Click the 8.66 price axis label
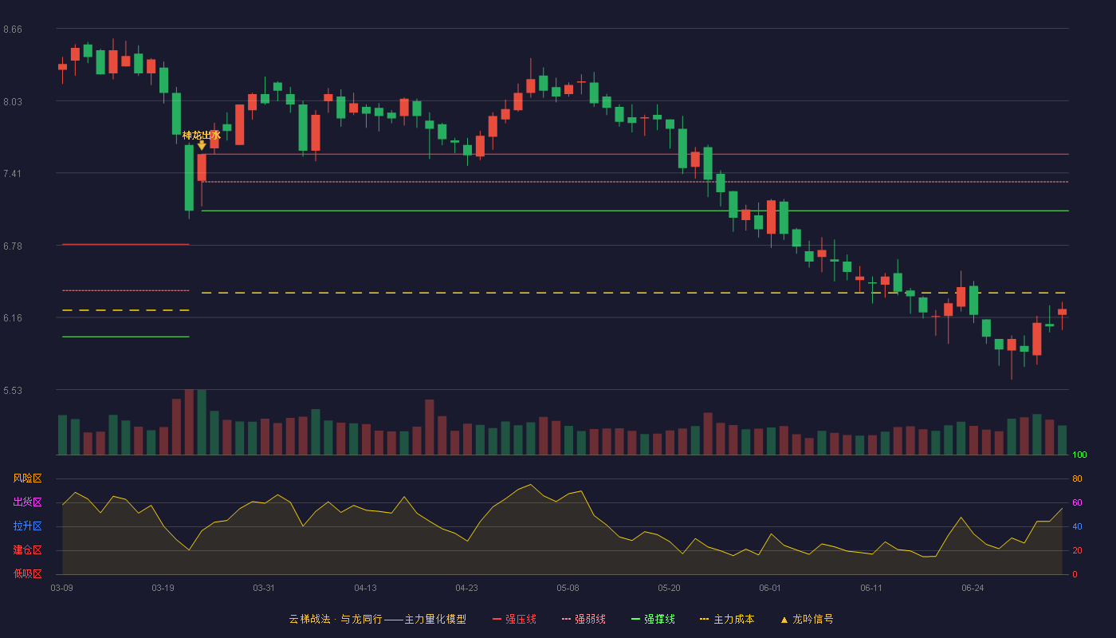click(x=13, y=30)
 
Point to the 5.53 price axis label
click(x=13, y=390)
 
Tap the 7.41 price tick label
click(x=13, y=174)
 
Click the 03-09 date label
click(x=62, y=589)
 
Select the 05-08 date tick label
click(x=568, y=589)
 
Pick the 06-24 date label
click(x=973, y=589)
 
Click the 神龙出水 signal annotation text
click(x=201, y=135)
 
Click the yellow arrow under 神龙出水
click(x=201, y=145)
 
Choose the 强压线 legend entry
click(x=514, y=619)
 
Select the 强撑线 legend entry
click(x=653, y=619)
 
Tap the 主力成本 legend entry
click(x=727, y=619)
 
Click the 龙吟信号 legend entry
click(x=807, y=619)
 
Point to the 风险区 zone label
click(x=27, y=478)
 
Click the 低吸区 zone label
click(x=27, y=573)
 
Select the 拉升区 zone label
click(x=27, y=526)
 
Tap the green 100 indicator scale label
click(x=1079, y=455)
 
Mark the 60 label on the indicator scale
click(x=1077, y=502)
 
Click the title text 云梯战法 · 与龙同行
click(x=336, y=619)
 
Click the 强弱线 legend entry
click(x=584, y=619)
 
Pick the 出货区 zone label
click(x=27, y=502)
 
